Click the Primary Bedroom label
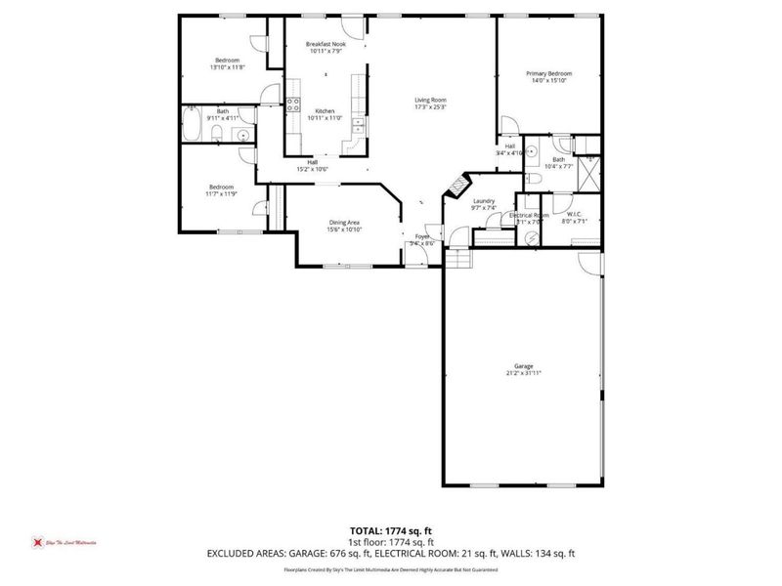[548, 74]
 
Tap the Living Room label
[429, 100]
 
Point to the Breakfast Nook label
[325, 45]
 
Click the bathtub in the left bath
[194, 126]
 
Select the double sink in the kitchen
[358, 125]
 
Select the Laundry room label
[485, 201]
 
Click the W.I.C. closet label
[575, 214]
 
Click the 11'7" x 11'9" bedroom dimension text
[222, 193]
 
